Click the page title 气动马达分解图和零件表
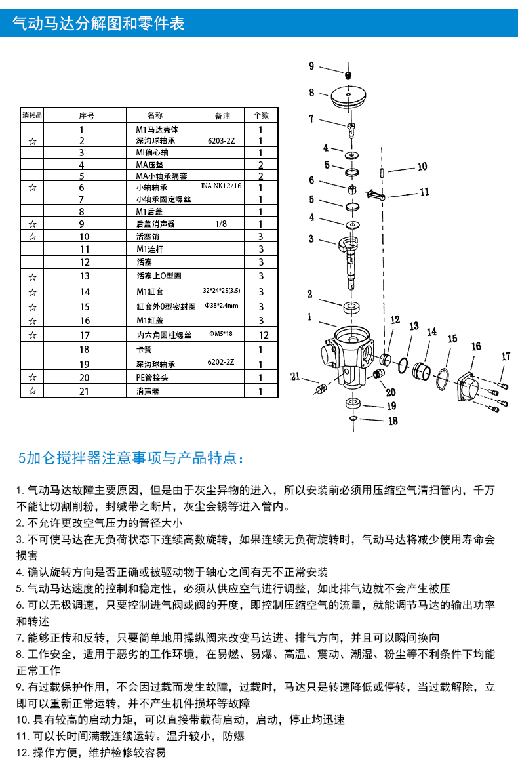pos(99,24)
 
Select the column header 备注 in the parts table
pos(223,115)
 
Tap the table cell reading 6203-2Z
pos(221,141)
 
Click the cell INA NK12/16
pos(221,186)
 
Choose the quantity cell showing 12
pos(261,335)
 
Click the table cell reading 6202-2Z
pos(221,363)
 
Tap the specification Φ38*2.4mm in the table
pos(221,306)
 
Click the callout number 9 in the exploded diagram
pos(312,66)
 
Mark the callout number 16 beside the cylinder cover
pos(476,346)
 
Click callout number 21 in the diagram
pos(295,377)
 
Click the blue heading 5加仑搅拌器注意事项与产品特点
pos(132,458)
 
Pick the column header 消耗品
pos(32,115)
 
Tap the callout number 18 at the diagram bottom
pos(392,421)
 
